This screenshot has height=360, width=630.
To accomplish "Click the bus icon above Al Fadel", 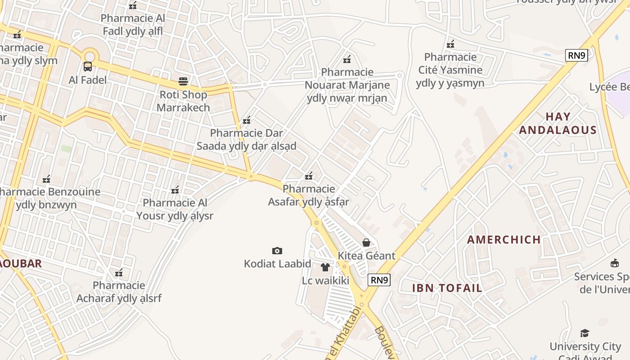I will click(x=88, y=67).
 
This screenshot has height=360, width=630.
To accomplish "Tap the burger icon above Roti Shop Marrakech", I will click(x=183, y=81).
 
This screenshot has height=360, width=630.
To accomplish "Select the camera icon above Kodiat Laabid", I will click(x=277, y=251).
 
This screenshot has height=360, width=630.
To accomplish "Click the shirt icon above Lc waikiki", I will click(x=325, y=267).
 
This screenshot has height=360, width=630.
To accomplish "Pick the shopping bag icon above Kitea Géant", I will click(x=366, y=243).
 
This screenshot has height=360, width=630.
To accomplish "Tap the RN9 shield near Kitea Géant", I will click(x=379, y=280).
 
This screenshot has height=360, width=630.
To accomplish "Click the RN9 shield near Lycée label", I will click(x=576, y=55).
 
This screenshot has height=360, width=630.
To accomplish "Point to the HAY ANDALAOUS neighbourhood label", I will click(x=558, y=123).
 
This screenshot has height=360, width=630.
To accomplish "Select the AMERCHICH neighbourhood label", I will click(x=504, y=239).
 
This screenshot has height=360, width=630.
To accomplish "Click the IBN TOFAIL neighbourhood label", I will click(x=447, y=288).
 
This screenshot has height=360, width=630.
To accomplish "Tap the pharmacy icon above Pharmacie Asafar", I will click(x=309, y=175).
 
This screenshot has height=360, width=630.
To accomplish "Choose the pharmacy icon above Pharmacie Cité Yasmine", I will click(x=450, y=44).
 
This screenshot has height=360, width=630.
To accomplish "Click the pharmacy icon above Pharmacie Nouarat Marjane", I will click(x=347, y=59).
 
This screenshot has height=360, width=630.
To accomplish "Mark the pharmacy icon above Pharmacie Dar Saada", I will click(x=247, y=120).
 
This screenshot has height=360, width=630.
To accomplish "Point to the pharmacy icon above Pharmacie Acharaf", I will click(x=119, y=272).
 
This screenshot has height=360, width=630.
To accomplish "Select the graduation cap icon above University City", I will click(x=585, y=333).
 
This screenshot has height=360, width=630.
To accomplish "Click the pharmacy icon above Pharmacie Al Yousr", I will click(x=175, y=189).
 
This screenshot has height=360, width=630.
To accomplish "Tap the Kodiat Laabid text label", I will click(x=277, y=264).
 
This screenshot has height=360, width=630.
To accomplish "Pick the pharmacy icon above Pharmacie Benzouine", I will click(x=46, y=179).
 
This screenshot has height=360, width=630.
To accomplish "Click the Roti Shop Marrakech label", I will click(x=183, y=101).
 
